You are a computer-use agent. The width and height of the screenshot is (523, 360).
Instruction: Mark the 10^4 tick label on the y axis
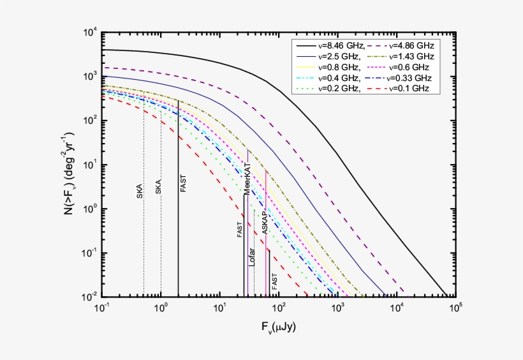click(89, 33)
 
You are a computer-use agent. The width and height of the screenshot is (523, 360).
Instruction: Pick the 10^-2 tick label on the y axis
click(89, 297)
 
